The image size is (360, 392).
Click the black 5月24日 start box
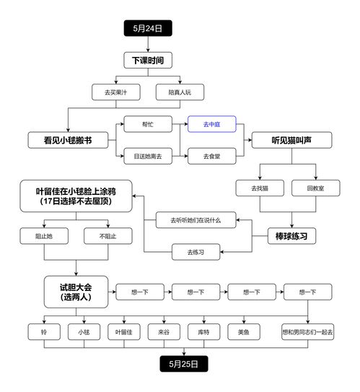(x=148, y=28)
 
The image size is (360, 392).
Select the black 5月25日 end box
(x=184, y=364)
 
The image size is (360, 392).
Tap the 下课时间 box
(x=148, y=61)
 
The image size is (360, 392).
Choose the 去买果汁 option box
(x=115, y=92)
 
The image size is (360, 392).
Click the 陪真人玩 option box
(x=180, y=92)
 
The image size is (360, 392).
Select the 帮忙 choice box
(x=148, y=124)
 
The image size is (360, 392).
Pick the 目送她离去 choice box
(x=148, y=156)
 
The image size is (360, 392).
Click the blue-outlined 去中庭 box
(x=212, y=124)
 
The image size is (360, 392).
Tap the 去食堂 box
(x=212, y=156)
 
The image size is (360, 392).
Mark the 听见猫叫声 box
(x=291, y=140)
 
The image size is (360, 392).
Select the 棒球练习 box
(x=291, y=235)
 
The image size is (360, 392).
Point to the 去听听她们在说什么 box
(x=196, y=219)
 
